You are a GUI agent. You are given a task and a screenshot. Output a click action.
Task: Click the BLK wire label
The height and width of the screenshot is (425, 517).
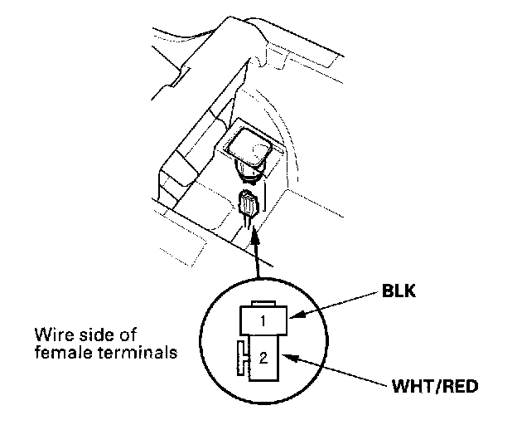pyautogui.click(x=399, y=291)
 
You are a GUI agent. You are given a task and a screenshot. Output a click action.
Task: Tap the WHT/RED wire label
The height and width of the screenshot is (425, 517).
pyautogui.click(x=435, y=386)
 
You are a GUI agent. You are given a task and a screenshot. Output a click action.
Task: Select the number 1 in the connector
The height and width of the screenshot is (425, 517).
pyautogui.click(x=263, y=321)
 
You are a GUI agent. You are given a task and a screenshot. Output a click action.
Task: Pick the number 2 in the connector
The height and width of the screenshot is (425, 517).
pyautogui.click(x=263, y=358)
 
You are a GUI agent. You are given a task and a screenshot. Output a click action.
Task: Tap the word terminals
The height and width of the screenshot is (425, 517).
pyautogui.click(x=138, y=352)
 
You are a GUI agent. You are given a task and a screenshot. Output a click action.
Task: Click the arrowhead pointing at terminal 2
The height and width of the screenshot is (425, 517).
pyautogui.click(x=289, y=358)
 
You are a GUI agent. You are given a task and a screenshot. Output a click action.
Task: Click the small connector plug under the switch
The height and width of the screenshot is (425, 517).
pyautogui.click(x=248, y=203)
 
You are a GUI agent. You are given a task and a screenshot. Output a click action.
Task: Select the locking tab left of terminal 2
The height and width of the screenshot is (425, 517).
pyautogui.click(x=242, y=358)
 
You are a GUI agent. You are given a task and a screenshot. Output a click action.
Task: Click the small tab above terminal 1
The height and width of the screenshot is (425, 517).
pyautogui.click(x=263, y=304)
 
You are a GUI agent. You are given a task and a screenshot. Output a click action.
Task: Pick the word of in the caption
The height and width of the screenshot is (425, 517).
pyautogui.click(x=126, y=335)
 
